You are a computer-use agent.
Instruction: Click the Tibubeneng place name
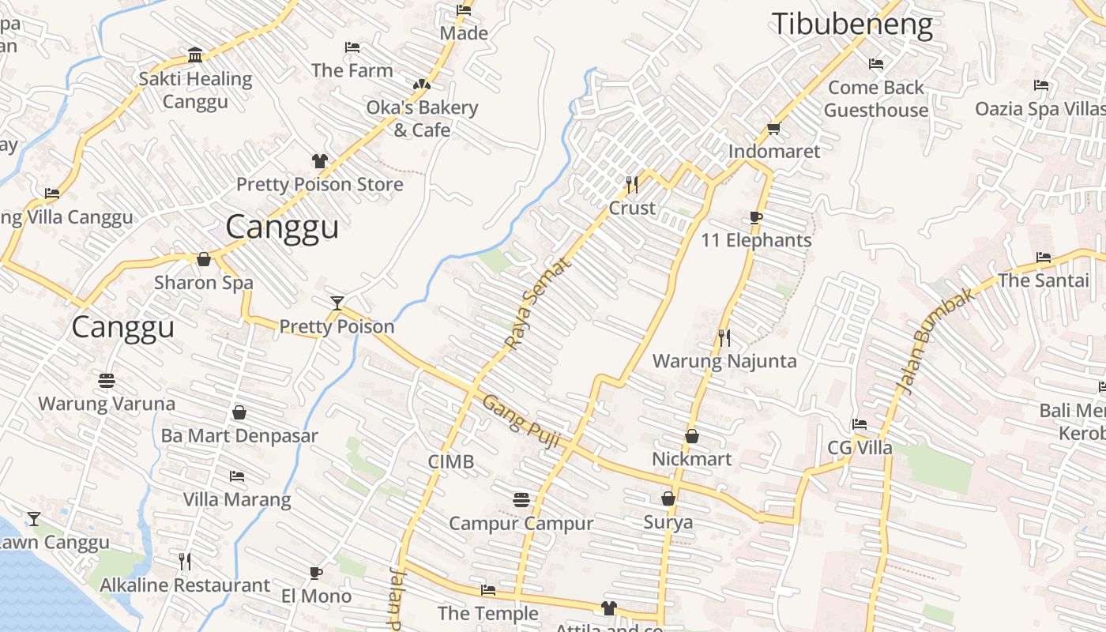point(852,24)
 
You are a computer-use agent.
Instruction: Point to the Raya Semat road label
point(537,304)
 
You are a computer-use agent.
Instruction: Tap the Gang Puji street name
point(522,422)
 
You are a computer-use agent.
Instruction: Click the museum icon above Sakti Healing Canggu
point(195,55)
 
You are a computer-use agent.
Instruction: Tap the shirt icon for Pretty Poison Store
point(319,161)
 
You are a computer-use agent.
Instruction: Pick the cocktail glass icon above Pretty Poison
point(337,303)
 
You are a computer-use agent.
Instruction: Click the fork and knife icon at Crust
point(632,185)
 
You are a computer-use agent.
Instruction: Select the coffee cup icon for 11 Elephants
point(756,217)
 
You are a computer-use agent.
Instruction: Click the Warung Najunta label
point(724,361)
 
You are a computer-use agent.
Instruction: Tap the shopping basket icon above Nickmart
point(692,436)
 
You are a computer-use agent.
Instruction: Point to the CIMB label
point(451,461)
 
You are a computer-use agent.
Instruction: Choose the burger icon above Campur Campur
point(521,500)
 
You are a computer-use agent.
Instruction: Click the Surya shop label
point(668,522)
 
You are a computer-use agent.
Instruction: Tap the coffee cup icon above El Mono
point(316,573)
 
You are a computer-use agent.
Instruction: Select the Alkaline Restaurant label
point(185,585)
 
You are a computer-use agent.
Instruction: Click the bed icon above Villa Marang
point(237,476)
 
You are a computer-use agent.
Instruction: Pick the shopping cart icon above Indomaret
point(773,128)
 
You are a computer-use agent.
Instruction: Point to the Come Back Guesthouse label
point(876,99)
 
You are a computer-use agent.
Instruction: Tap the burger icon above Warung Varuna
point(107,381)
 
